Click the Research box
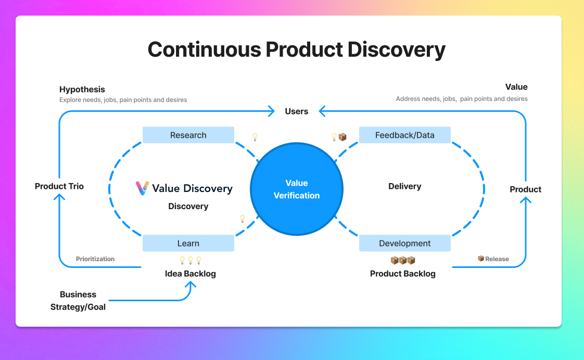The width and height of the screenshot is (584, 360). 188,135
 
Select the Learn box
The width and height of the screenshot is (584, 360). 188,243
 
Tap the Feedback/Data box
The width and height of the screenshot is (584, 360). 404,135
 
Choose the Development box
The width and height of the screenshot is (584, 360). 404,243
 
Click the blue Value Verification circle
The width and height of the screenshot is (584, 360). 297,189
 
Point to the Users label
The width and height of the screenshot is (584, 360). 297,111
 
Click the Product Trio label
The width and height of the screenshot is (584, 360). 59,186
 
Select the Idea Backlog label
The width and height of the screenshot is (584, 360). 190,274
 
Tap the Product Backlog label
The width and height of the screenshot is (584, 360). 402,274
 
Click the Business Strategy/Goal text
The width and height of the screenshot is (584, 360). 78,301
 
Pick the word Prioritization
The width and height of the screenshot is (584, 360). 95,259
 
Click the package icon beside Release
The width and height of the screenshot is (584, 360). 481,259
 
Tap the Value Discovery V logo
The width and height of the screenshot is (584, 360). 142,188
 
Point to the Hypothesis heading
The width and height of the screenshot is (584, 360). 82,89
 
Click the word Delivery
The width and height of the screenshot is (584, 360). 404,186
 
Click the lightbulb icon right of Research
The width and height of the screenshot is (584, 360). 255,137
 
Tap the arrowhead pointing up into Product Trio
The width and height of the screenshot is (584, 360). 59,197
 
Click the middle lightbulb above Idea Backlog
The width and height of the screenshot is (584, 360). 191,260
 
